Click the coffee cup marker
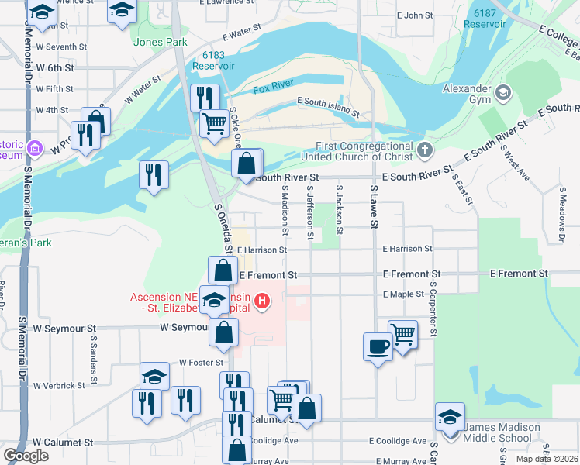click(x=378, y=346)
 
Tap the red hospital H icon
click(x=262, y=301)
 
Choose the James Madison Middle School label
click(x=501, y=433)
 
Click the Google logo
click(x=26, y=456)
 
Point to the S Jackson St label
click(x=339, y=209)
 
